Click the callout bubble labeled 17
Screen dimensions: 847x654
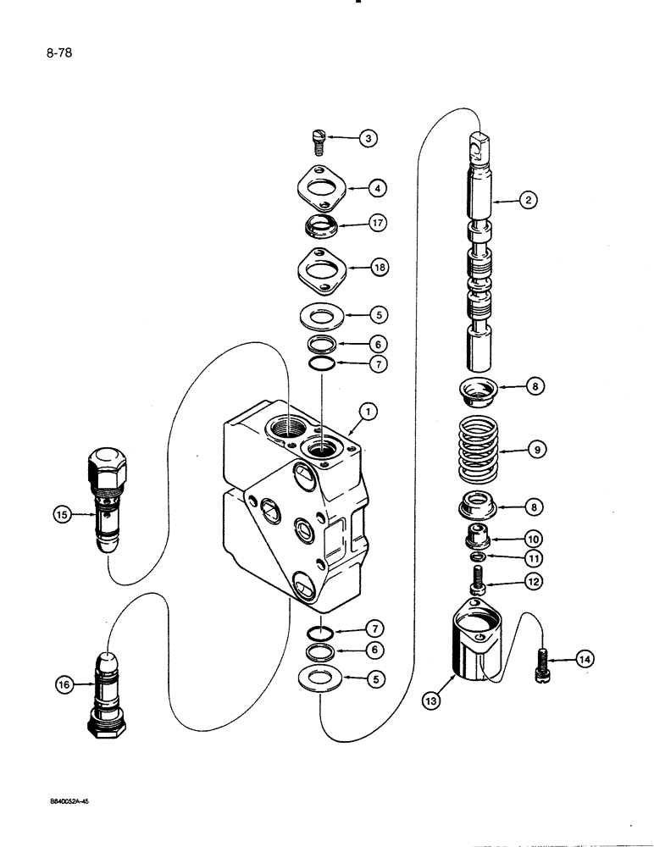(x=377, y=224)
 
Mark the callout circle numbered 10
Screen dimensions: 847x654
(x=534, y=538)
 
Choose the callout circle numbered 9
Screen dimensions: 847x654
(x=535, y=450)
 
